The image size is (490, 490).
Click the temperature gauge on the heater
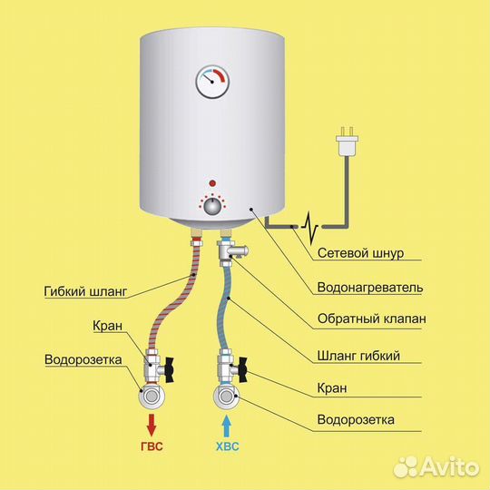tap(212, 82)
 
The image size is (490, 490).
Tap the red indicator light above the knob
tap(212, 183)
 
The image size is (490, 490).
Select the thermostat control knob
tap(212, 207)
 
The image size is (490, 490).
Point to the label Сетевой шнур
tap(360, 253)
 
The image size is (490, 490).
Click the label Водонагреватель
tap(370, 287)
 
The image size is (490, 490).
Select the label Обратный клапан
tap(371, 318)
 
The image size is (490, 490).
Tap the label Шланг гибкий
tap(358, 356)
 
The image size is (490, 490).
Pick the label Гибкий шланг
tap(85, 291)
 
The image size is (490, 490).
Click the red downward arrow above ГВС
tap(152, 425)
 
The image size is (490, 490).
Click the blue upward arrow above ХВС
tap(227, 426)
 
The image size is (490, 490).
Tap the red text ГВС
tap(152, 446)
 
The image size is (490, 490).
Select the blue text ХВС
tap(227, 446)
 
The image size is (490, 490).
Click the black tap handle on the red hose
tap(170, 370)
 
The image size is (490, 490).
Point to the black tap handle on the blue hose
tap(243, 370)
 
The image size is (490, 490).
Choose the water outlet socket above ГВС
tap(152, 397)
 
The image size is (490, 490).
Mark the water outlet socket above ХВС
tap(227, 397)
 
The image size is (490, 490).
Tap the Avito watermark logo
tap(436, 467)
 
